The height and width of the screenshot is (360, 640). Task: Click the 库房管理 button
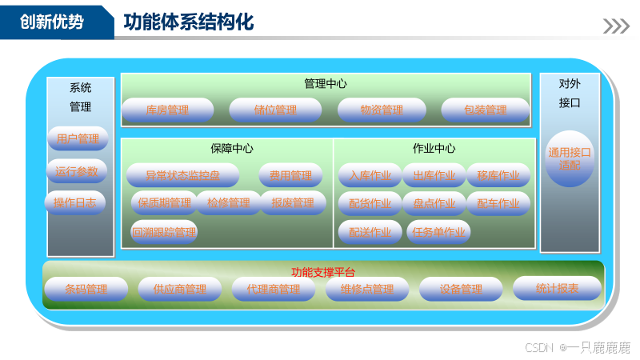[167, 110]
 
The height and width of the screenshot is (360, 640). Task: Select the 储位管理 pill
[274, 110]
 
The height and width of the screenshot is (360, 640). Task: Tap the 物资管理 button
[382, 110]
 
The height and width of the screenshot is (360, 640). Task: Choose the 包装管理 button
[486, 110]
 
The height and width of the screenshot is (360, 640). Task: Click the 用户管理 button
[77, 139]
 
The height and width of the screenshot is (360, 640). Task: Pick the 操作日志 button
[75, 203]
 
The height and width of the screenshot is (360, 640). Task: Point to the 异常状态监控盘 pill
[182, 175]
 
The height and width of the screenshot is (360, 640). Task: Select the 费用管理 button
[290, 175]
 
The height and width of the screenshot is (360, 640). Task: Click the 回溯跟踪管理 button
[164, 233]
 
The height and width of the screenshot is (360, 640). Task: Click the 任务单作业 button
[438, 233]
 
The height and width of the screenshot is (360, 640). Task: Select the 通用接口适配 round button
[570, 158]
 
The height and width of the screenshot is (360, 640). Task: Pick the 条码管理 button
[86, 289]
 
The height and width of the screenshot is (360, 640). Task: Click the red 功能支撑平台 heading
[323, 272]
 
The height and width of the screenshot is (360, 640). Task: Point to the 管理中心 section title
[326, 84]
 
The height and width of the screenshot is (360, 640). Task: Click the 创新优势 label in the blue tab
[52, 22]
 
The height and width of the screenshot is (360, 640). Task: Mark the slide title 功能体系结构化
[189, 22]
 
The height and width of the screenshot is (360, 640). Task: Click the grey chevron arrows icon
[616, 26]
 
